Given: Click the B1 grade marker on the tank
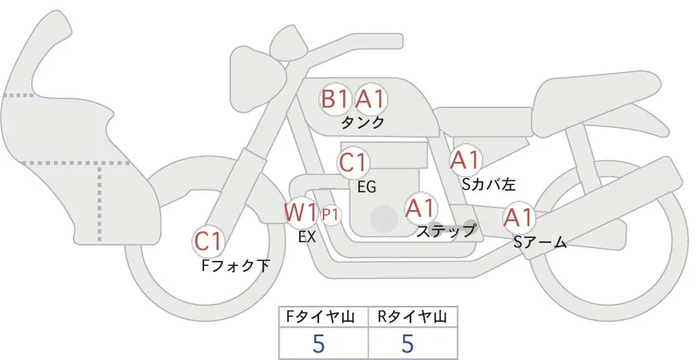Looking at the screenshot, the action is (335, 100).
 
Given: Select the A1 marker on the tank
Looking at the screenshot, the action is (370, 100).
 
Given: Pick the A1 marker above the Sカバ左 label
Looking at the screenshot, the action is (465, 158).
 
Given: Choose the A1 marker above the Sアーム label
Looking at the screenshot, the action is (518, 218).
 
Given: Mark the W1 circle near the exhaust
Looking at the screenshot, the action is (301, 212).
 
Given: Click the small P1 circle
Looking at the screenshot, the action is (330, 214).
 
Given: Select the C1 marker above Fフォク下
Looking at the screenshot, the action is (208, 241).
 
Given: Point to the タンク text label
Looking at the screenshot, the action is (363, 123).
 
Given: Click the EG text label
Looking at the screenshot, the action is (367, 186).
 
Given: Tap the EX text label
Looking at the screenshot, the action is (307, 237).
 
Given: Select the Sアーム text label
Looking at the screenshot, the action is (540, 243).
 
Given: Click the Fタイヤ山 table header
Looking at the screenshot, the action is (324, 317).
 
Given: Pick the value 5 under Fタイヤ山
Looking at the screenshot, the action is (318, 344).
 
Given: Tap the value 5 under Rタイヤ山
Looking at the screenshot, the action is (407, 344).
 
